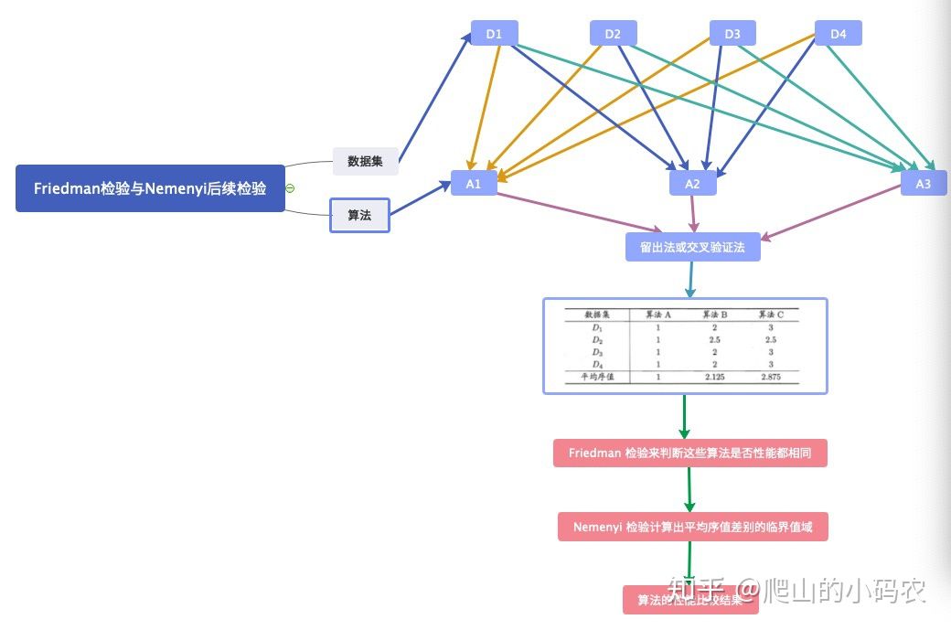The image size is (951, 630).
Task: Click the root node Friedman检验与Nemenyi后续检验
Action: click(150, 188)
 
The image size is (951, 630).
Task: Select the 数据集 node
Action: click(365, 161)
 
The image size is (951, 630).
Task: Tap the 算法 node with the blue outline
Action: click(359, 216)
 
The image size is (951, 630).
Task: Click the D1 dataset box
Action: click(494, 34)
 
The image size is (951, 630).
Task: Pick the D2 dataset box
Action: click(613, 34)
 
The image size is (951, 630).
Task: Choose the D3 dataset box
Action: click(732, 34)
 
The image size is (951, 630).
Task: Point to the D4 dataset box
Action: click(838, 34)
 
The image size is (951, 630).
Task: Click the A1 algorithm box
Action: click(473, 183)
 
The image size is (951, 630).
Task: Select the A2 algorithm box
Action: click(692, 183)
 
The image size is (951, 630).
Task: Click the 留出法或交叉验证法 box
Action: click(692, 247)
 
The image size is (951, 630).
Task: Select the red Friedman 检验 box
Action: click(689, 453)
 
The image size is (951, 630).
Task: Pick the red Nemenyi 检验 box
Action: click(692, 527)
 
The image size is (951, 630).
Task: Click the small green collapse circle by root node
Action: click(290, 188)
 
